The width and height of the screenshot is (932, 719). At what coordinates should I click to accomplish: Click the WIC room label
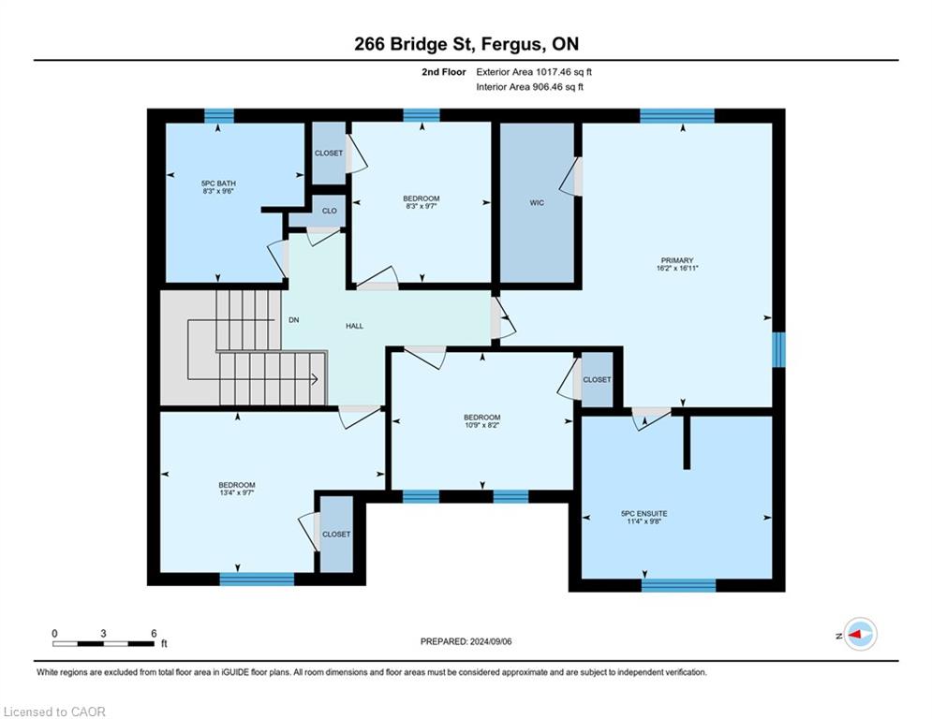coord(537,203)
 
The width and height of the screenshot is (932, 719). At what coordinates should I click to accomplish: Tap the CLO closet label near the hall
coord(330,211)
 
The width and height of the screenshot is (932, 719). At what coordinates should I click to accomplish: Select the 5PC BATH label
coord(219,183)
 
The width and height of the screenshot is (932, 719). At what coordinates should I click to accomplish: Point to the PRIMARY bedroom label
coord(677,260)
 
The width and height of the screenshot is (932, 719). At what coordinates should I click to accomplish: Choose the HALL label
coord(355,326)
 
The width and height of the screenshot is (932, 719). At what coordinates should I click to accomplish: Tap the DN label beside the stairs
coord(293,319)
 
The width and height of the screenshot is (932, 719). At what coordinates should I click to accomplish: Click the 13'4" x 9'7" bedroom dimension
coord(237,492)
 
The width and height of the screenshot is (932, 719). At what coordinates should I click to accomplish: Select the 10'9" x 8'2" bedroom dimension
coord(482,425)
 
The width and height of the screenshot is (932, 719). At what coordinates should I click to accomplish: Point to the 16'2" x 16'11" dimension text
coord(677,268)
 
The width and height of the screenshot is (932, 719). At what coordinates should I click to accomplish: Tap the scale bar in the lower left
coord(103,643)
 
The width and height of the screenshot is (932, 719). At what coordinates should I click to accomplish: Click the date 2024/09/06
coord(491,641)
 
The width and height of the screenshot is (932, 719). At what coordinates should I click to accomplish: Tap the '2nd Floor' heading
coord(444,72)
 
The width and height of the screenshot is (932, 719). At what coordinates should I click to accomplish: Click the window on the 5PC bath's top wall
coord(219,115)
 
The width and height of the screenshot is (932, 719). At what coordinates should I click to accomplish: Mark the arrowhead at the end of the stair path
coord(315,379)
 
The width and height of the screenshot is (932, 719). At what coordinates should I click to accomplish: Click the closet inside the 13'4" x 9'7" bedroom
coord(336,534)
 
